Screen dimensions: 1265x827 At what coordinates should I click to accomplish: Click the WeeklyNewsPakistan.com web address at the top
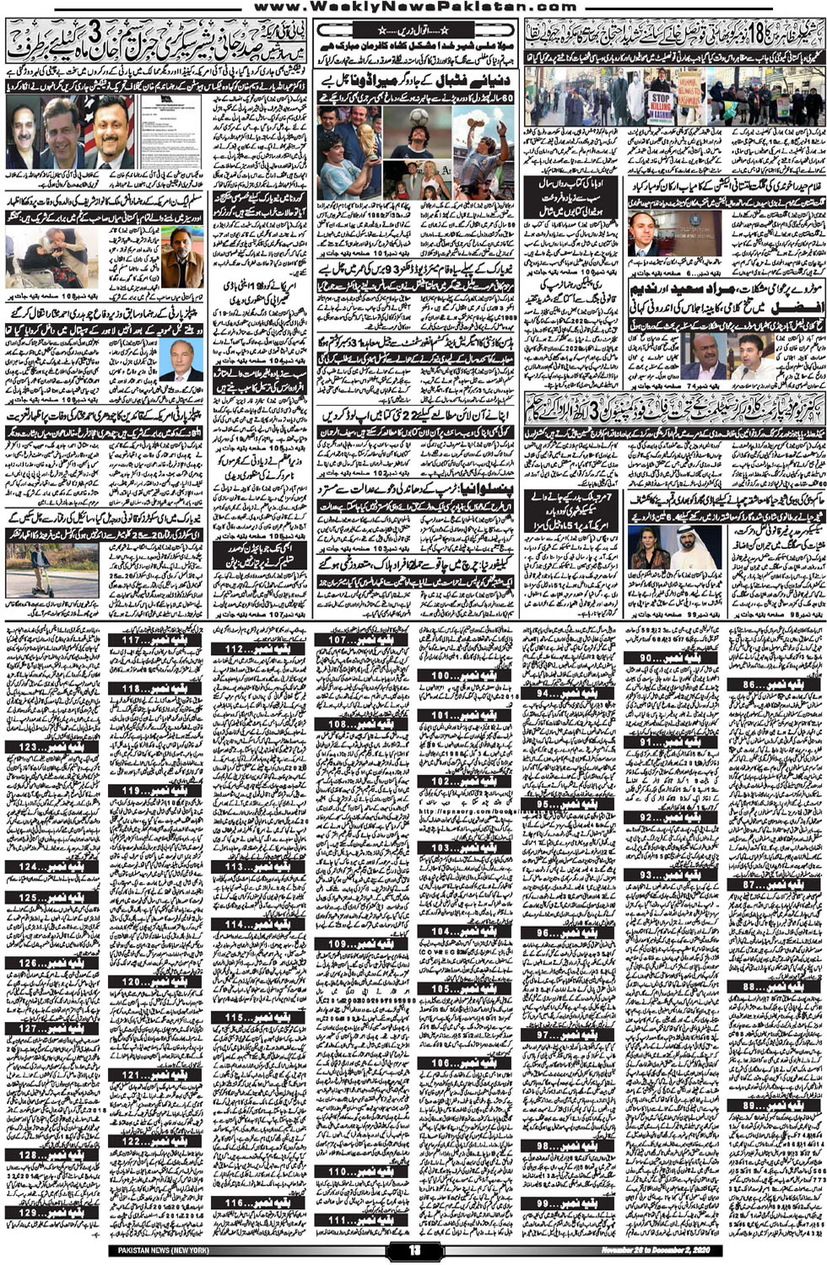pos(414,7)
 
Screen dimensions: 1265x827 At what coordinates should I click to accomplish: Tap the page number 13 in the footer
pos(413,1250)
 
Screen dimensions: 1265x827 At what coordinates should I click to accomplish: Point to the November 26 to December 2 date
pos(656,1250)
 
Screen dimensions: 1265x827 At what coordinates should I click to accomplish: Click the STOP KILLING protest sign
pos(661,105)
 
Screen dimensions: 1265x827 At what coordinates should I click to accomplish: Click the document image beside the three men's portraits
pos(170,132)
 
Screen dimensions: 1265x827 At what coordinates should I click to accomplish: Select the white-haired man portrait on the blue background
pos(181,358)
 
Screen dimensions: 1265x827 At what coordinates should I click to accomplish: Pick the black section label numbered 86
pos(774,685)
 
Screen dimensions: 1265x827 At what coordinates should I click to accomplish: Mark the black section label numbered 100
pos(464,676)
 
